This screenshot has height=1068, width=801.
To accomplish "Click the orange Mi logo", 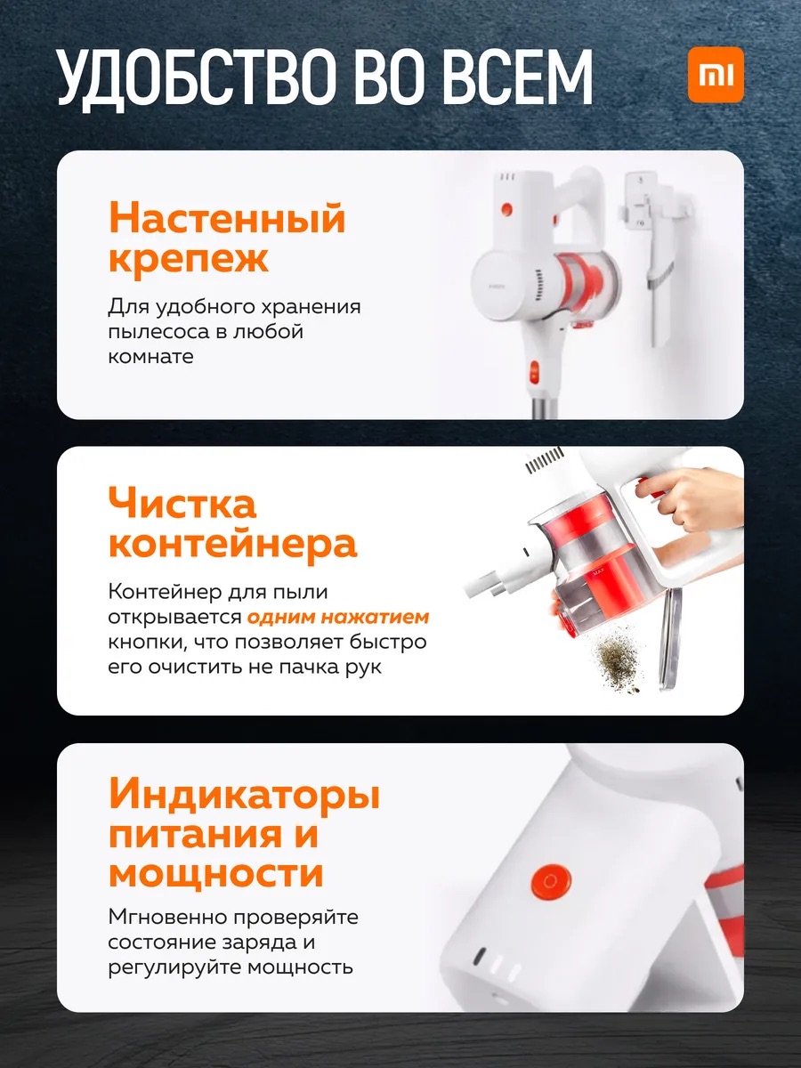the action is coord(716,75).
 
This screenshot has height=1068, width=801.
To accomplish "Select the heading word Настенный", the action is coord(227,217).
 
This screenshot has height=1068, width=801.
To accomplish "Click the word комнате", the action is coord(150,357).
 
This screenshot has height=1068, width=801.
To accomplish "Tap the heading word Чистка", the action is coord(182,503).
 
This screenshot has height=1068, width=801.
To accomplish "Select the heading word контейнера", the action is coord(233,544).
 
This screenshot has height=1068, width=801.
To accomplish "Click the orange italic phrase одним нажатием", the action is coord(338,617).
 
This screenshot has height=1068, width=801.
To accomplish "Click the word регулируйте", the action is coord(174,967).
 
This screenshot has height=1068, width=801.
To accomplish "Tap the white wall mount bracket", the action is coord(653,229).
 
